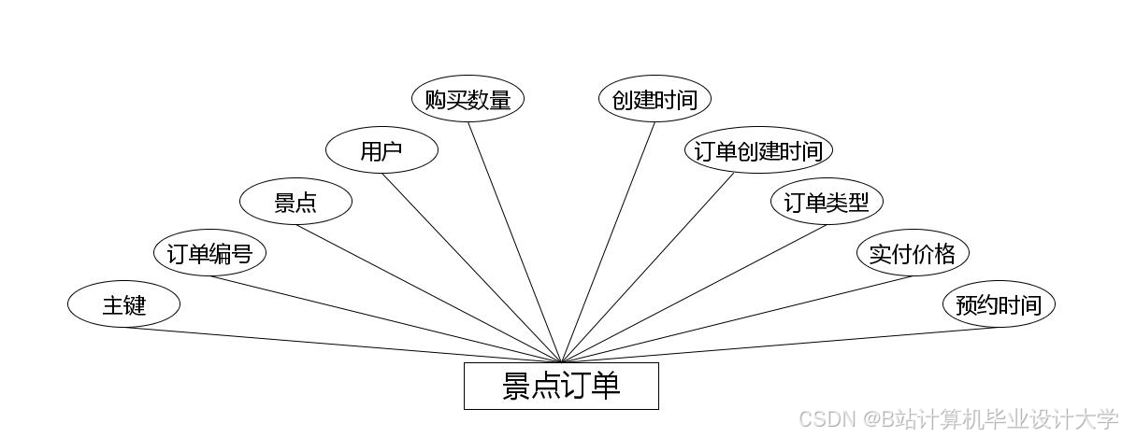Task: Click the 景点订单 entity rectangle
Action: click(561, 386)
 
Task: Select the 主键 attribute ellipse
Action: click(123, 304)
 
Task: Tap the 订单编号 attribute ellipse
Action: click(209, 253)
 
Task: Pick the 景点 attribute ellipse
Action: click(295, 202)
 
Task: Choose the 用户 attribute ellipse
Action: click(381, 151)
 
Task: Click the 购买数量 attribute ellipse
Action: click(467, 99)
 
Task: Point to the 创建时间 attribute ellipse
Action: click(654, 99)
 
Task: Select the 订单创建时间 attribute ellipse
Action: click(758, 150)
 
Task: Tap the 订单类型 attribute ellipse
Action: click(827, 202)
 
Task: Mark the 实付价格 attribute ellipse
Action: click(913, 253)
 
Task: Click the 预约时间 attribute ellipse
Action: click(999, 304)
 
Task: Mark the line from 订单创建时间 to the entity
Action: click(648, 268)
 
